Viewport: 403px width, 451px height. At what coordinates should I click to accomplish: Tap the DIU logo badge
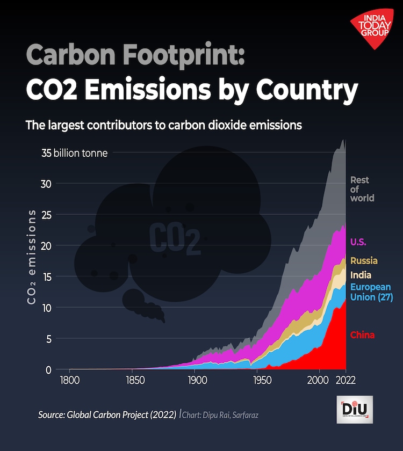[354, 410]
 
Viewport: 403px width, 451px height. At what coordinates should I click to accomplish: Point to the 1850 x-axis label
[134, 380]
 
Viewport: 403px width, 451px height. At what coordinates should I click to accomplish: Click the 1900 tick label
[195, 380]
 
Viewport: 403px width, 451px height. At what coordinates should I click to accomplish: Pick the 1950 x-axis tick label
[258, 380]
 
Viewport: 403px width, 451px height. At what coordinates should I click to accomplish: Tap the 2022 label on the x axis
[345, 380]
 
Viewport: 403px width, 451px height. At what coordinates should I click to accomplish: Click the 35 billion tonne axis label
[74, 153]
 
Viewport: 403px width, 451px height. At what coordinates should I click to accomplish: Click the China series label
[362, 336]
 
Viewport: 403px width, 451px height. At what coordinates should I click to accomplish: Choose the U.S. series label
[358, 242]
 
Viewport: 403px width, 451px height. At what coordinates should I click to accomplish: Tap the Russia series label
[364, 261]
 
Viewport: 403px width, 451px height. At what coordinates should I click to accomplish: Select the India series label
[361, 275]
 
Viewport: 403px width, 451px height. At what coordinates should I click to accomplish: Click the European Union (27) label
[371, 292]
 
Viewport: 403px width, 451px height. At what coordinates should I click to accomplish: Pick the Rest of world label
[362, 189]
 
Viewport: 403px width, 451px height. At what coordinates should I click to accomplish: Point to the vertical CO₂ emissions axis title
[32, 258]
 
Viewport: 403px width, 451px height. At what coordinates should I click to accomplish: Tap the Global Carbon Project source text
[107, 415]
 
